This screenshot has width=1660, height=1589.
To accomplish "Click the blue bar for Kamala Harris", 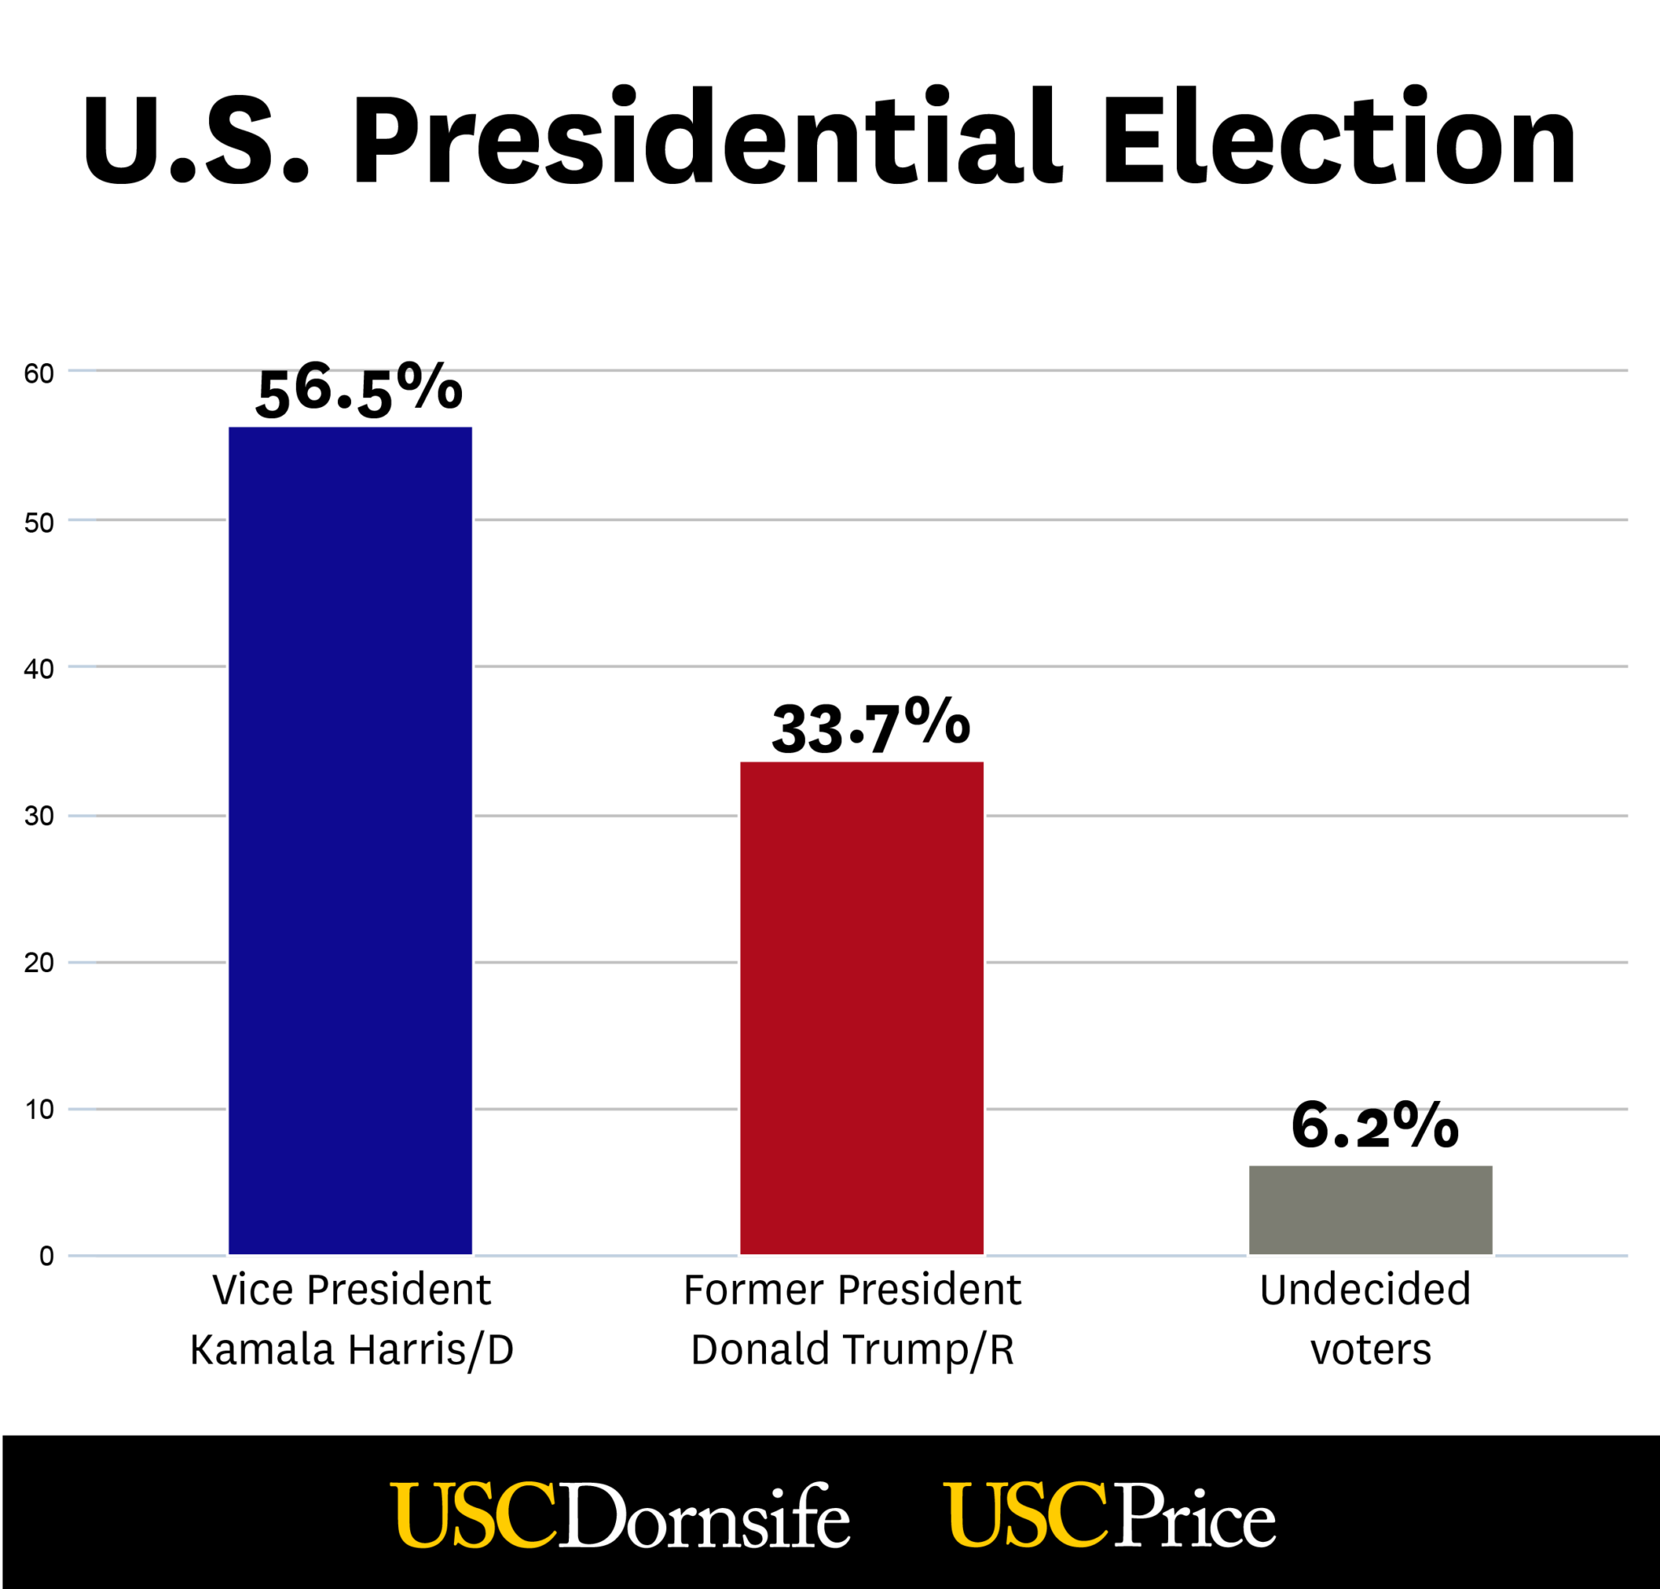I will click(x=350, y=840).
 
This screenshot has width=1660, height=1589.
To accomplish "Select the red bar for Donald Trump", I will click(x=862, y=1008).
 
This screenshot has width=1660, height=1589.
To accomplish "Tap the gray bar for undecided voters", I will click(x=1371, y=1210).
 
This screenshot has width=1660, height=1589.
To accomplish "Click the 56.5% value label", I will click(x=359, y=391).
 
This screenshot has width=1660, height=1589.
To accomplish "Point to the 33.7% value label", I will click(x=870, y=726).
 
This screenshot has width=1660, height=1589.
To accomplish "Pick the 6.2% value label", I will click(x=1374, y=1128).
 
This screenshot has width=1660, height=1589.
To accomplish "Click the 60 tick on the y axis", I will click(x=39, y=374).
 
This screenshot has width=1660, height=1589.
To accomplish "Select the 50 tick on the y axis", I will click(x=39, y=523).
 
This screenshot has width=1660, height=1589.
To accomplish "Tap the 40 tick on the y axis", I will click(x=39, y=669).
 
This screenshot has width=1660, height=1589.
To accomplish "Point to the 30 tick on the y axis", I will click(x=39, y=816).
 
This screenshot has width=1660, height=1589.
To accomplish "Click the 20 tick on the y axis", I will click(x=39, y=963).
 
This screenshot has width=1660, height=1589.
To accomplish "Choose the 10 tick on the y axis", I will click(x=39, y=1110).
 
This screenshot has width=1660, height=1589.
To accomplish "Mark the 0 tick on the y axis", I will click(x=46, y=1256).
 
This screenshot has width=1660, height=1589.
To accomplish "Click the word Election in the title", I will click(x=1338, y=137).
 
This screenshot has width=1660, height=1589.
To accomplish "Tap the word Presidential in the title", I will click(x=707, y=137).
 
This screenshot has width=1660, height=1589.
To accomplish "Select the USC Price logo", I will click(x=1109, y=1515).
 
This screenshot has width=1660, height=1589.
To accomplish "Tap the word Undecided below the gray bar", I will click(x=1364, y=1290).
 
